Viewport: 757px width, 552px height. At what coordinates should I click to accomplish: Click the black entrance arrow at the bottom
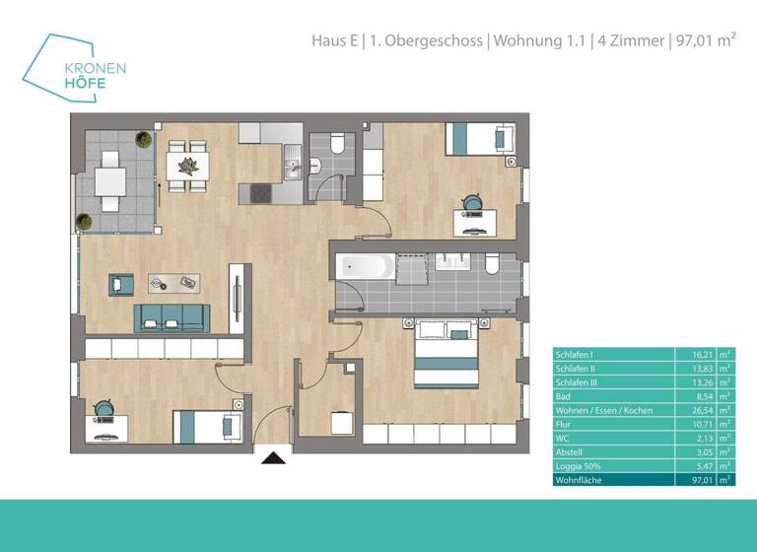coord(273,456)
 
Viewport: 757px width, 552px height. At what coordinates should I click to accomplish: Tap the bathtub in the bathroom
coord(365,266)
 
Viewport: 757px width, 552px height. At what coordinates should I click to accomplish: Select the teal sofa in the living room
coord(172,316)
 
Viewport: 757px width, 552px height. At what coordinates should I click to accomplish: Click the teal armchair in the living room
coord(121,284)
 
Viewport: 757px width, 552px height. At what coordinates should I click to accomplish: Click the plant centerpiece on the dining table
coord(187,164)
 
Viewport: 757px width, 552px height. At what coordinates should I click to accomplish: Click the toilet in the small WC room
coord(336,149)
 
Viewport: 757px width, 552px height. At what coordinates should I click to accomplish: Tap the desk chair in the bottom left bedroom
coord(103,411)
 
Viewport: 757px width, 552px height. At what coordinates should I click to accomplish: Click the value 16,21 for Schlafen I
coord(694,353)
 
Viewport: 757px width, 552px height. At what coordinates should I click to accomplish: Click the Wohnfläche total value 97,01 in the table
coord(694,480)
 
